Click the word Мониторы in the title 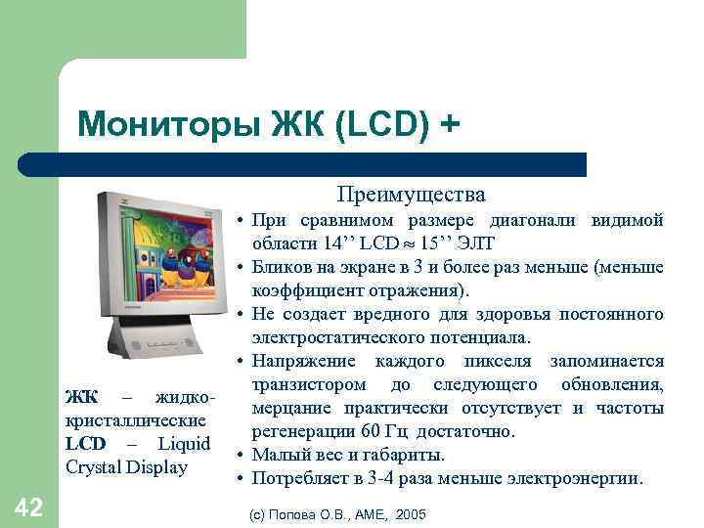coord(152,124)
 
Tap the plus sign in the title coord(448,124)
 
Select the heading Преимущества coord(411,195)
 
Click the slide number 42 coord(28,506)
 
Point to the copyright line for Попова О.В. coord(337,513)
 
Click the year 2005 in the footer coord(412,513)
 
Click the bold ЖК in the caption coord(81,398)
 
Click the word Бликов coord(285,267)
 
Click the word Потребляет coord(301,478)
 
